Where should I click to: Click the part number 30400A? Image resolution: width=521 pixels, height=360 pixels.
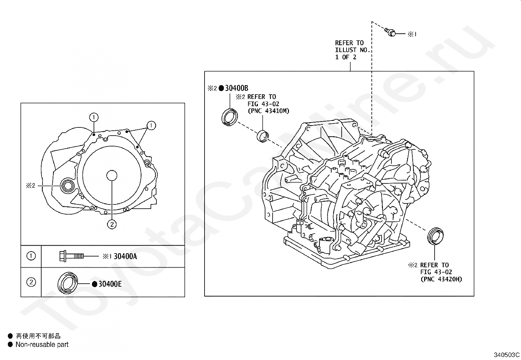coord(125,256)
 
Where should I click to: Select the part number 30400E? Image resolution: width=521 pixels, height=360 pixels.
coord(110,284)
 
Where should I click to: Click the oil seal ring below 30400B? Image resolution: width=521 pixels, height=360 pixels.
coord(230,117)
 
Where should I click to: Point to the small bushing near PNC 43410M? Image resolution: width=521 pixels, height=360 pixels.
coord(263,136)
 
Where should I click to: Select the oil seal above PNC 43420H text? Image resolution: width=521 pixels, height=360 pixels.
coord(436,235)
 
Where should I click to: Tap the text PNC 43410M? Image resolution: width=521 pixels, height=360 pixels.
coord(268,111)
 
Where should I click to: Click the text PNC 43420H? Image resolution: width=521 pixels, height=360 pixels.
coord(441,279)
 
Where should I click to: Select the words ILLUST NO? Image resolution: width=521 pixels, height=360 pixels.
coord(352,50)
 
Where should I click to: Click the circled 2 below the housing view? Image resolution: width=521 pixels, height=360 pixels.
coord(112,224)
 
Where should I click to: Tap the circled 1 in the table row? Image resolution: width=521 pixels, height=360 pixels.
coord(31,256)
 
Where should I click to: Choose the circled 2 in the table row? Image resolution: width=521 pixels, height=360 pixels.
coord(31,282)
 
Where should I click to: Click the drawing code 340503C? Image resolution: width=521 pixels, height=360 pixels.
coord(507,354)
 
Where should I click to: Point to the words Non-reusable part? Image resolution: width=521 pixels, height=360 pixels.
coord(42,344)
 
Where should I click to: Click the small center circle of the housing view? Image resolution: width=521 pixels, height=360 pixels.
coord(112,176)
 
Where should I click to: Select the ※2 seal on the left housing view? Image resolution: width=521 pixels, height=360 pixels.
coord(68,186)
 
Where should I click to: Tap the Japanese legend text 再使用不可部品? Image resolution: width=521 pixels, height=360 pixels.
coord(38,336)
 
